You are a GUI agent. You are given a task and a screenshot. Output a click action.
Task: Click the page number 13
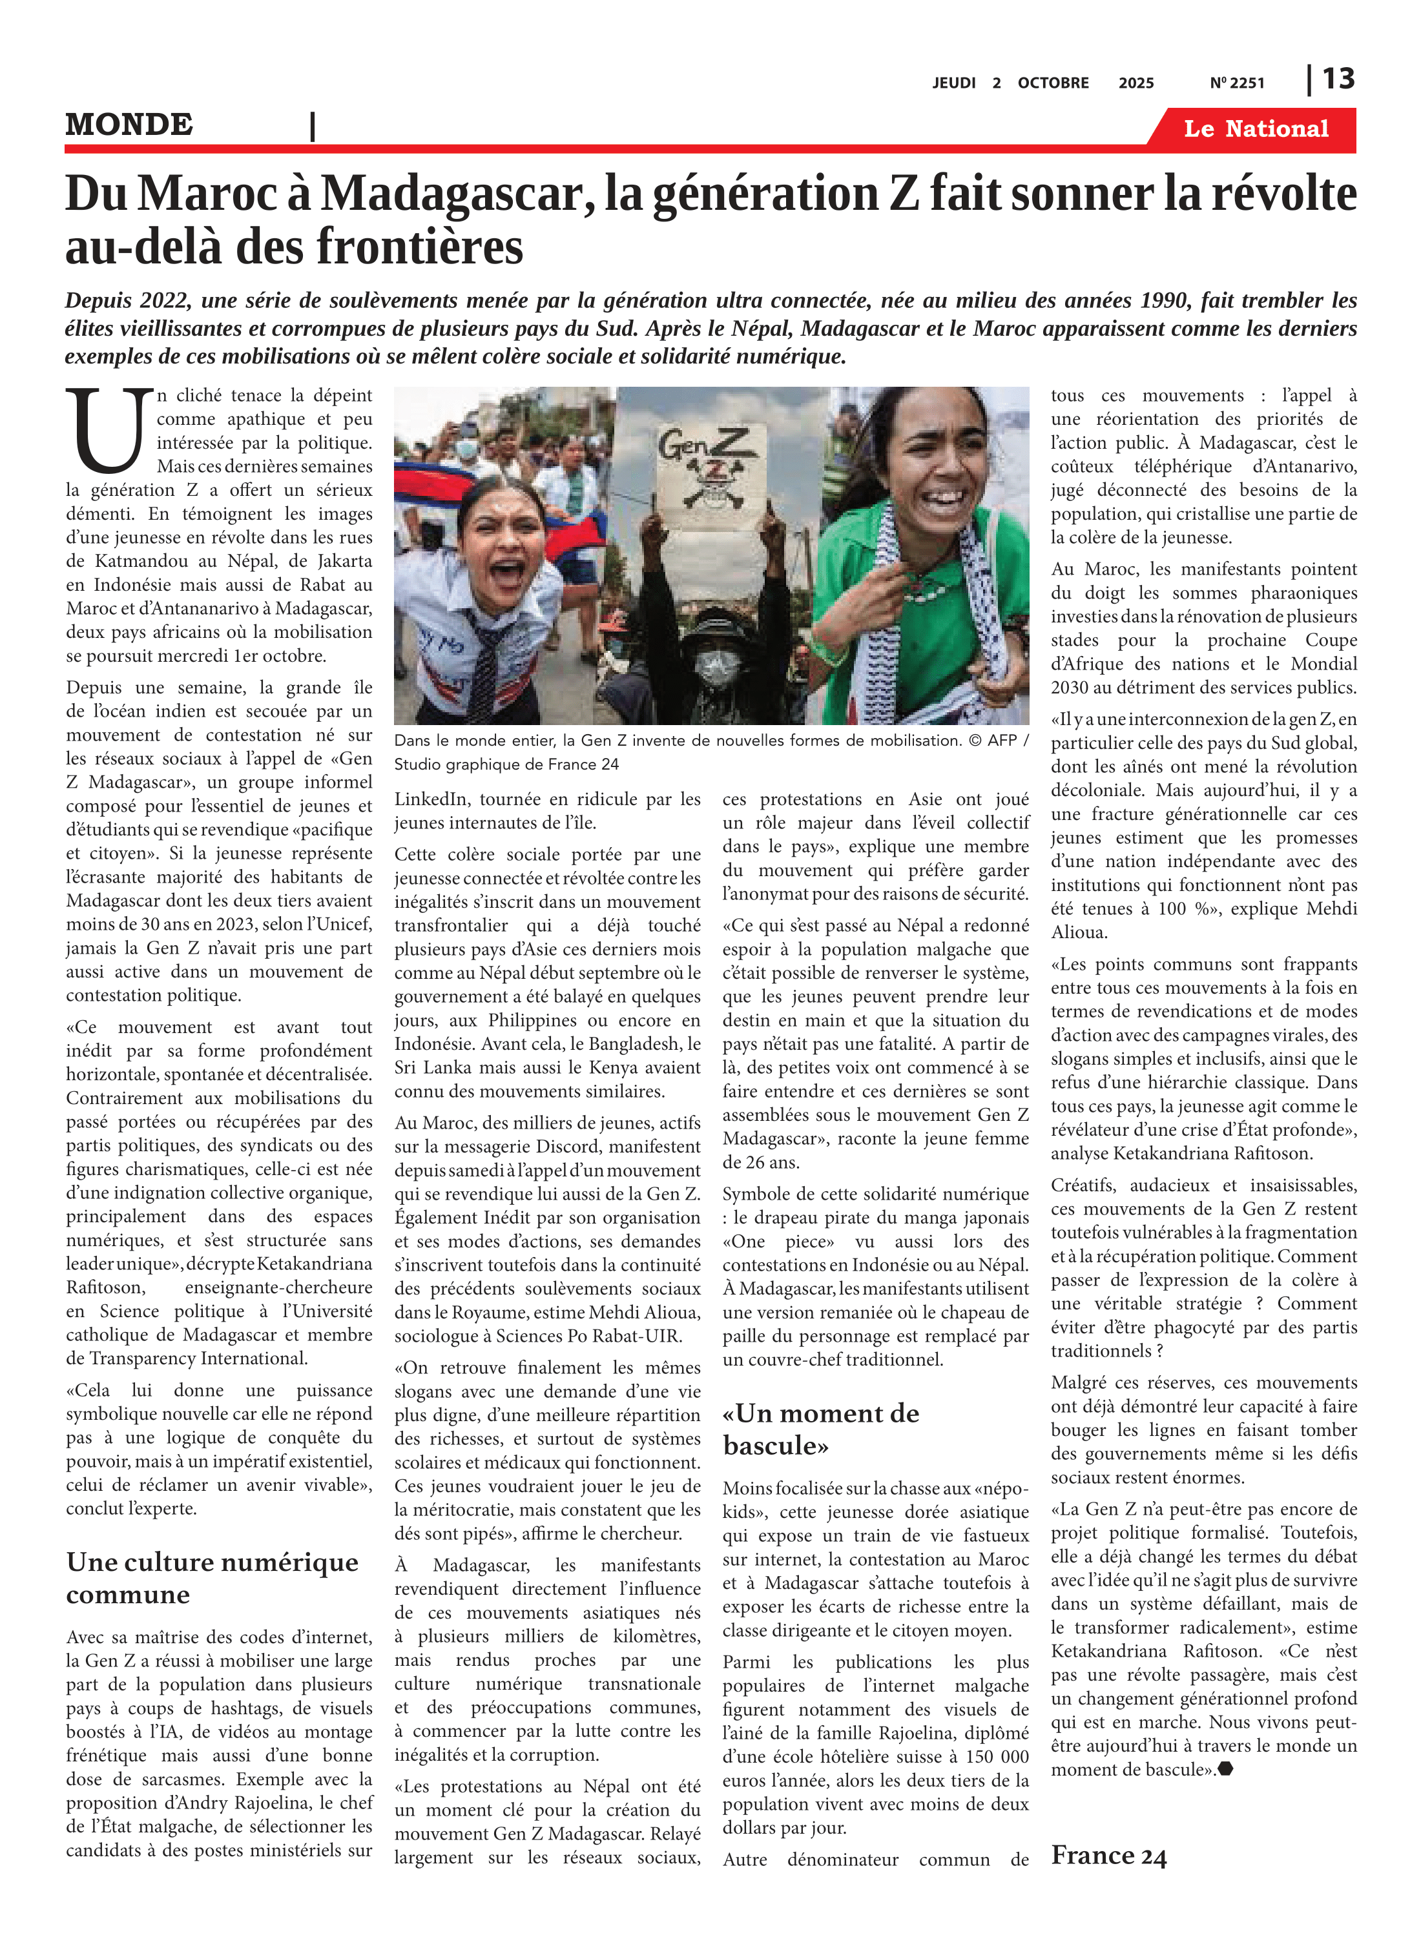1338,79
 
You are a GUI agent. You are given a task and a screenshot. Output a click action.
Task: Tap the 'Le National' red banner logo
1255,129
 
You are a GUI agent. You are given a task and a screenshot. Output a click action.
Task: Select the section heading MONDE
129,125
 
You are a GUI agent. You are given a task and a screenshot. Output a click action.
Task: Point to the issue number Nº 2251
1236,83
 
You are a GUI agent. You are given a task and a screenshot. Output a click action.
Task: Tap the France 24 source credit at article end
1108,1856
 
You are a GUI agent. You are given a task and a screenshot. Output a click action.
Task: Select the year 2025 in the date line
1136,83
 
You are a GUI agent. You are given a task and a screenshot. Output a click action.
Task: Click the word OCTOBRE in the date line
1053,83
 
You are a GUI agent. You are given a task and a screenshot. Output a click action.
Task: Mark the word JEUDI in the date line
953,83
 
